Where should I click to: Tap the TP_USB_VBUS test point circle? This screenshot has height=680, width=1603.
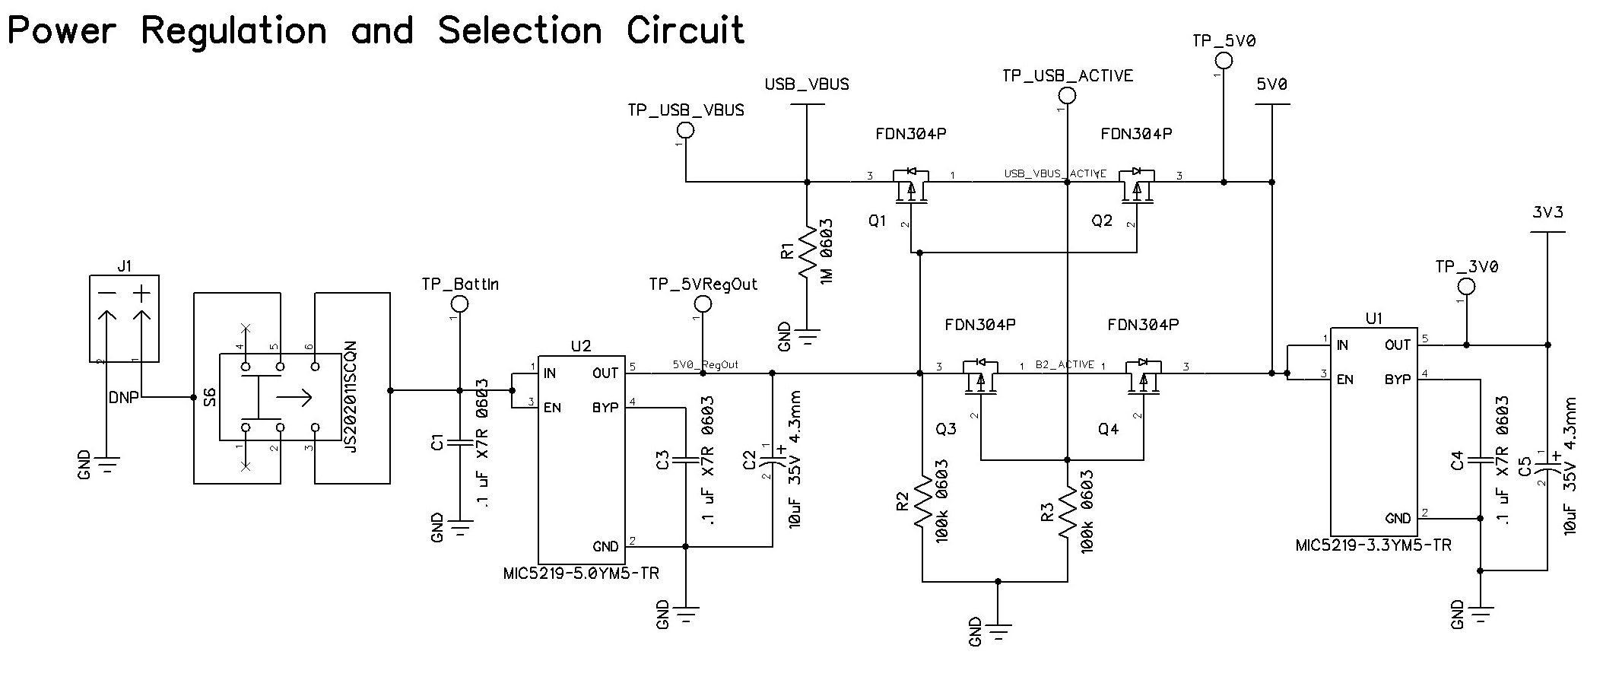[x=685, y=131]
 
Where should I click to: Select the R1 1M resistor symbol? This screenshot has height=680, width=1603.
[x=807, y=251]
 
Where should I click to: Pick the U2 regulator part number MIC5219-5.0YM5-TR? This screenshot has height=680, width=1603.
[x=581, y=574]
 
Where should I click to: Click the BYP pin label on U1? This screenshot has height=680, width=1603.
[x=1398, y=379]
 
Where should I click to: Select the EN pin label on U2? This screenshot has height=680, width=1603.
[x=553, y=408]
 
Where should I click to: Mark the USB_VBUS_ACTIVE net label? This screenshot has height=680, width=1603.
[x=1055, y=174]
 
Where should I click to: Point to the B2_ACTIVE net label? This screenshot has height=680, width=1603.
[x=1065, y=365]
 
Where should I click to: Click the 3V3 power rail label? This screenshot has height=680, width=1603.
[x=1547, y=213]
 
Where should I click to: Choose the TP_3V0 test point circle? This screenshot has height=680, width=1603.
[x=1466, y=287]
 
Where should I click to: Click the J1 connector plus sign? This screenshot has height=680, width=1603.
[x=142, y=294]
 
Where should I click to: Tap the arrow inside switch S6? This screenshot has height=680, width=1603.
[x=294, y=397]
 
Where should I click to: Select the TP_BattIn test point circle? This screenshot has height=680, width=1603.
[x=459, y=304]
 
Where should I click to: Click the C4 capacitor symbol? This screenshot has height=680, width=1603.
[x=1480, y=460]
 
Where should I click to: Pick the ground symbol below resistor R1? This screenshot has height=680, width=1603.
[x=807, y=335]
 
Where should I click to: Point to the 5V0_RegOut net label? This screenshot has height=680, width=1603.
[x=705, y=365]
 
